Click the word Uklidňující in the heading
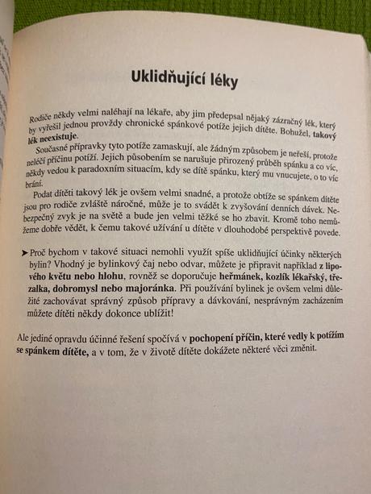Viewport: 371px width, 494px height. coord(169,79)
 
